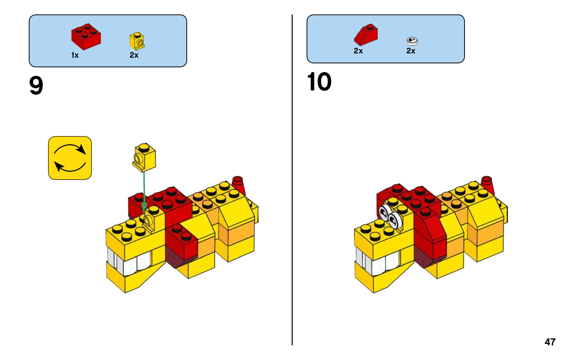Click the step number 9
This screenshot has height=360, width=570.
pos(36,86)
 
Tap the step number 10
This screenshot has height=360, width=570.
pos(319,82)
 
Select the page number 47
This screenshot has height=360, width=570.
pos(550,342)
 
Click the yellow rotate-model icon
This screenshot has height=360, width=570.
pos(70,158)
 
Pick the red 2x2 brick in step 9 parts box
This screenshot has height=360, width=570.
pos(86,36)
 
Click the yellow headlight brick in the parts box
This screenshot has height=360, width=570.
pos(137,41)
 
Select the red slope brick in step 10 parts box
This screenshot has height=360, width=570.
pos(366,35)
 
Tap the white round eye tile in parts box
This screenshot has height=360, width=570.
pos(412,41)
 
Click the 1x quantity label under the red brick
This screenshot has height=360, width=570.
pos(75,55)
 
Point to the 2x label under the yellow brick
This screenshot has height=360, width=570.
pos(134,55)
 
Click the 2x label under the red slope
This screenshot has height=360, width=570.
pos(358,51)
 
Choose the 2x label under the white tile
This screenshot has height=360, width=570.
pos(411,51)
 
